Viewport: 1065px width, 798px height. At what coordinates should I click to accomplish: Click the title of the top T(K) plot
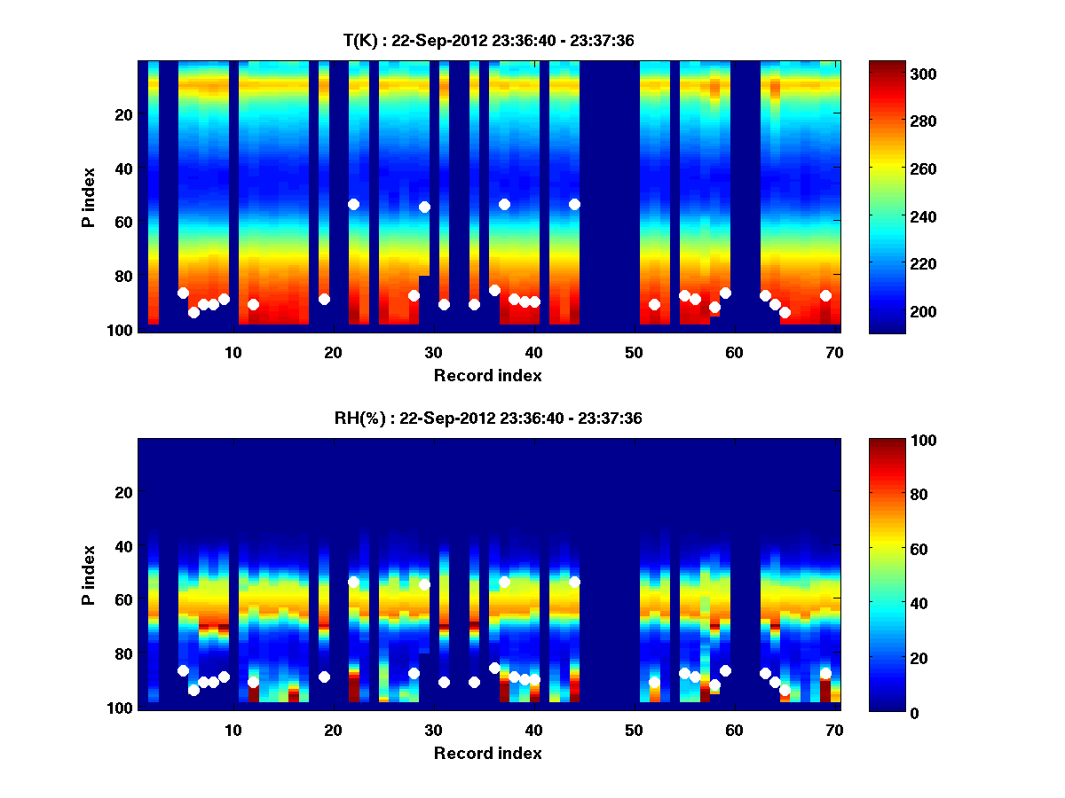coord(487,40)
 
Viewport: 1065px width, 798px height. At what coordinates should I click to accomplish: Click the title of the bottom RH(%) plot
coord(487,419)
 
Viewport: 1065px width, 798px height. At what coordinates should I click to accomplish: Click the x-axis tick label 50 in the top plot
coord(634,352)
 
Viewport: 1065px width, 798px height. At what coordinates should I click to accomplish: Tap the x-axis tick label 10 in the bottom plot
coord(233,731)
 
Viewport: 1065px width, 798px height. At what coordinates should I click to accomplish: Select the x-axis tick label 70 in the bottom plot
coord(834,731)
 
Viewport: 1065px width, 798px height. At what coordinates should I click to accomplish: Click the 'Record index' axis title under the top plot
coord(487,375)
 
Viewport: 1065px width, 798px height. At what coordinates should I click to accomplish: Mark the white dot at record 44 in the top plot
coord(574,204)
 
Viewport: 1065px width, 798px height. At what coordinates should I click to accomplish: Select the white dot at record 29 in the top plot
coord(424,207)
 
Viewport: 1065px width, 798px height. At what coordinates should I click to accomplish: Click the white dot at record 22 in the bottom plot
coord(353,583)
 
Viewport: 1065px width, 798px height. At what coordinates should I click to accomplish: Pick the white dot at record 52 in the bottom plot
coord(654,683)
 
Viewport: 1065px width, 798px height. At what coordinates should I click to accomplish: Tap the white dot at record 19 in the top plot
coord(324,299)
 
